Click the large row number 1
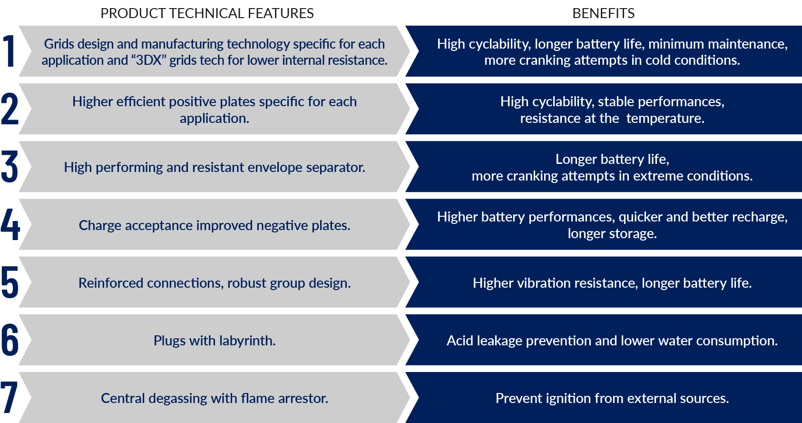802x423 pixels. pyautogui.click(x=9, y=51)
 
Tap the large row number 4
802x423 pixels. pyautogui.click(x=10, y=224)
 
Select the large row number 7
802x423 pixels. pyautogui.click(x=9, y=397)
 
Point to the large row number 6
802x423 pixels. pyautogui.click(x=10, y=340)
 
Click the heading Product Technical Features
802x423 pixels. pyautogui.click(x=207, y=13)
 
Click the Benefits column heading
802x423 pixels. pyautogui.click(x=603, y=13)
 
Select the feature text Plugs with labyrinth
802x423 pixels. pyautogui.click(x=215, y=341)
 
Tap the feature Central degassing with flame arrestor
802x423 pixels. pyautogui.click(x=215, y=398)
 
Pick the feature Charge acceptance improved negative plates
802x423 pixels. pyautogui.click(x=215, y=225)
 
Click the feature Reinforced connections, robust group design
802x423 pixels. pyautogui.click(x=215, y=283)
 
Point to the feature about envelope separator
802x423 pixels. pyautogui.click(x=215, y=167)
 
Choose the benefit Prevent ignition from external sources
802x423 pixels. pyautogui.click(x=612, y=398)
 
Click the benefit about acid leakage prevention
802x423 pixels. pyautogui.click(x=612, y=341)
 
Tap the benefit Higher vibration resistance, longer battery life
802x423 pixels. pyautogui.click(x=612, y=283)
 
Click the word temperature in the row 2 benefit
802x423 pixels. pyautogui.click(x=665, y=118)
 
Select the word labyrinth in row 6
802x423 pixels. pyautogui.click(x=247, y=341)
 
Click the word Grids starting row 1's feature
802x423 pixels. pyautogui.click(x=59, y=44)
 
